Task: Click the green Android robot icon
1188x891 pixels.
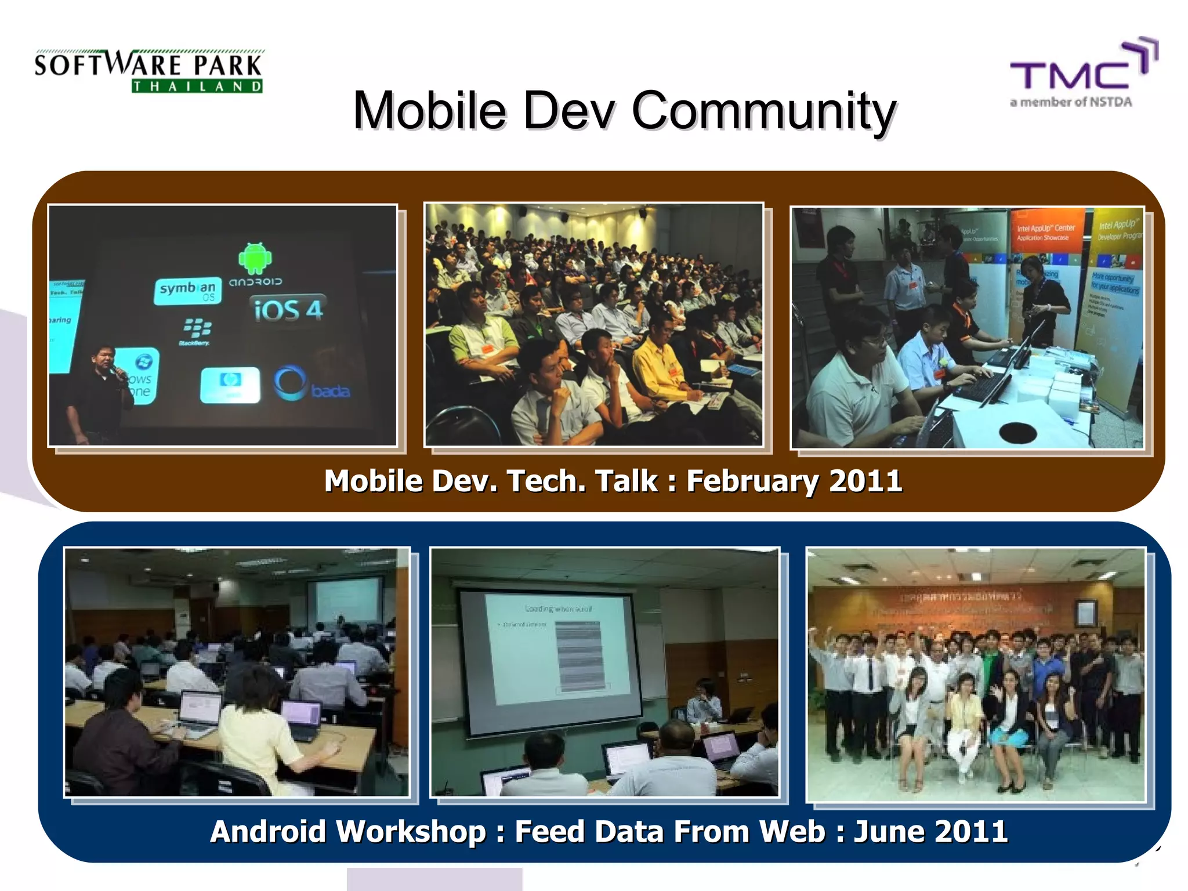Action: [x=255, y=259]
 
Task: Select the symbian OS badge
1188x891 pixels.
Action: [x=187, y=291]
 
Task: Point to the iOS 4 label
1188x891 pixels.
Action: [x=288, y=310]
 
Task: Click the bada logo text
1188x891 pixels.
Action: [x=330, y=392]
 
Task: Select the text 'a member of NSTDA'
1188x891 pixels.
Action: [x=1071, y=103]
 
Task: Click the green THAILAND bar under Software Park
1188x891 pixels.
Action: [x=197, y=86]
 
